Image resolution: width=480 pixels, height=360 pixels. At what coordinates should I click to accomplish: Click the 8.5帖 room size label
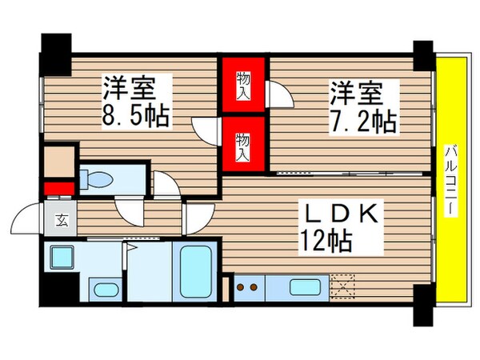(134, 115)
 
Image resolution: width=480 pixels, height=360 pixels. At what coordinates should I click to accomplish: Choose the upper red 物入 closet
(243, 85)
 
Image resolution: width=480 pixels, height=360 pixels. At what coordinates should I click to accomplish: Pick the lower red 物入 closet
(243, 144)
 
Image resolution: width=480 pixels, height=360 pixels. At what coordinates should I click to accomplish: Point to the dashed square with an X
(342, 285)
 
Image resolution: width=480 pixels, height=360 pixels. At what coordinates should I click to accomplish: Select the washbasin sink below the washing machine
(103, 288)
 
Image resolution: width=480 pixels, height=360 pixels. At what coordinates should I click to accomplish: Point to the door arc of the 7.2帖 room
(280, 96)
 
